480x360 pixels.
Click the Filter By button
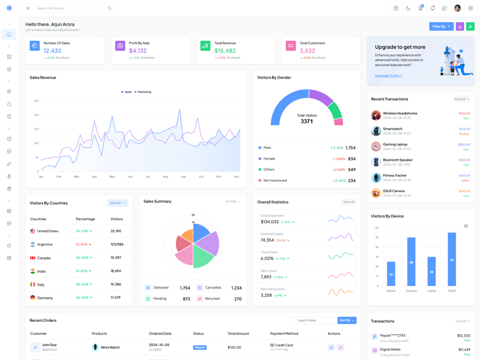(x=441, y=26)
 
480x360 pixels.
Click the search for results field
(x=71, y=8)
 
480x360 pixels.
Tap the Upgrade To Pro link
(x=388, y=76)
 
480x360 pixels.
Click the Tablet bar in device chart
(x=452, y=259)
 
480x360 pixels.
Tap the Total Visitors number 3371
(x=307, y=121)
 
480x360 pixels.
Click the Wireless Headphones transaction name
(x=400, y=113)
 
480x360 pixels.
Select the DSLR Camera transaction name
(x=394, y=191)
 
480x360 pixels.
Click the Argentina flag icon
(x=32, y=244)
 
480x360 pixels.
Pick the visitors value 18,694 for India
(x=116, y=271)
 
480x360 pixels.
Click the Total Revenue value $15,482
(x=225, y=51)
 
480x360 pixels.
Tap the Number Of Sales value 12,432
(x=52, y=51)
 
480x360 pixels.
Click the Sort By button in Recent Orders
(x=346, y=320)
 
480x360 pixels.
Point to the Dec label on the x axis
(x=236, y=176)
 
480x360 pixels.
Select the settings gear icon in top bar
(x=470, y=8)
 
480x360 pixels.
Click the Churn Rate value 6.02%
(x=267, y=259)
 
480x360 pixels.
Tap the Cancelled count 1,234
(x=236, y=288)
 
